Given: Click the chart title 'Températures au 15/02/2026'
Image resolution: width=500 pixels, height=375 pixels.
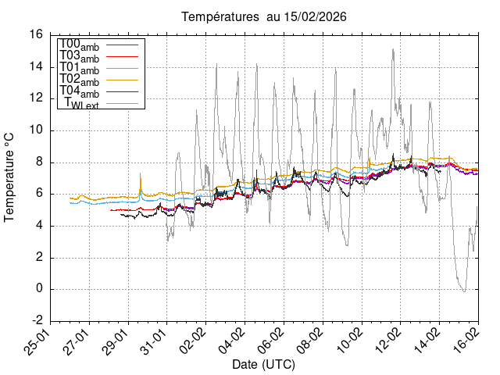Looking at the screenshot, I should click(x=264, y=16).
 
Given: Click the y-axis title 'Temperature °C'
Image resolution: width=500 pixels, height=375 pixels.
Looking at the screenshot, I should click(x=10, y=177).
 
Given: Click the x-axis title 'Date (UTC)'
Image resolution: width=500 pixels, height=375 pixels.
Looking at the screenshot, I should click(x=263, y=364).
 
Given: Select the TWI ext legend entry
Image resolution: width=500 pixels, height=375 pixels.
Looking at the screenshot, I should click(x=87, y=104).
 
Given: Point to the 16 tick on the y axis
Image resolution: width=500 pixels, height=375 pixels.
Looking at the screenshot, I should click(x=36, y=34).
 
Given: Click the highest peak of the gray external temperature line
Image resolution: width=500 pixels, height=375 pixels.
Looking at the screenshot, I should click(x=393, y=48).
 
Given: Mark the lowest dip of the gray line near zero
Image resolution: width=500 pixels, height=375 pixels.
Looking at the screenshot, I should click(x=464, y=291).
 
